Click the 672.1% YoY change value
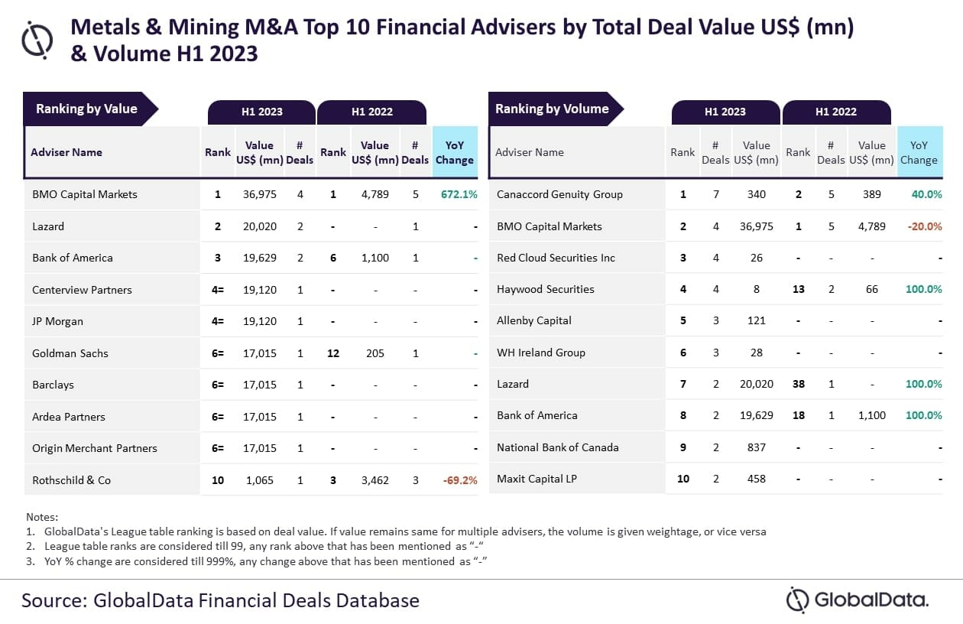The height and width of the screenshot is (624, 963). [459, 194]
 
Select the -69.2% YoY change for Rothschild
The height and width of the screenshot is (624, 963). [460, 480]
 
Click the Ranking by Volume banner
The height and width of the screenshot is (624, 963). [552, 109]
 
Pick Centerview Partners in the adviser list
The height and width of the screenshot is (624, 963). [82, 290]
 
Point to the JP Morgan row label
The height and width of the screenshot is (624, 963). [57, 321]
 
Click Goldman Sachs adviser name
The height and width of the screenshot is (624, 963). [70, 353]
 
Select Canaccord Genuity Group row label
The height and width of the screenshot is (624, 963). [559, 194]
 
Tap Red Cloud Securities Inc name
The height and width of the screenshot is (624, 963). [556, 258]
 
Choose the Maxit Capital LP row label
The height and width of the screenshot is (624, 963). [537, 479]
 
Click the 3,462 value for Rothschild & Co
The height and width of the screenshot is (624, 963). [374, 480]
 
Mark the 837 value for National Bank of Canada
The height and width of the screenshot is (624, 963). [756, 447]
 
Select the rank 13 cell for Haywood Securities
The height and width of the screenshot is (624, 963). [798, 289]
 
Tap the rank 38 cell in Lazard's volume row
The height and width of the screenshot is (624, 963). [798, 384]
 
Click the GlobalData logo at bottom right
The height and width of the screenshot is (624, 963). [858, 600]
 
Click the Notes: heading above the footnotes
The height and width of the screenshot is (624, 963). [42, 517]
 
